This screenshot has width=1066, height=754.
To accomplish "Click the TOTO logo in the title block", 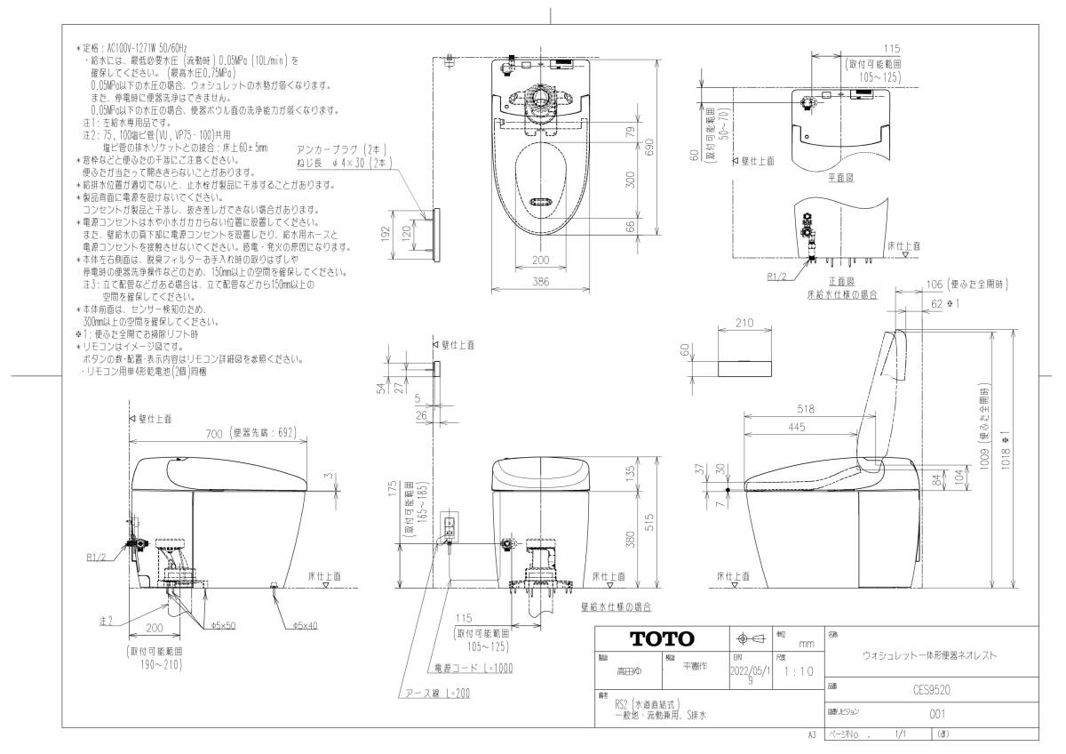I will [x=662, y=639].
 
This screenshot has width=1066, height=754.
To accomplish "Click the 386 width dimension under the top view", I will [x=539, y=280].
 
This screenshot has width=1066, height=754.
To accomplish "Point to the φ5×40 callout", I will [x=305, y=625].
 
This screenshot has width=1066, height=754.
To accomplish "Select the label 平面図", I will [x=840, y=178].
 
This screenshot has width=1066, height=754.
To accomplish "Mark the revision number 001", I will [x=935, y=712].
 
